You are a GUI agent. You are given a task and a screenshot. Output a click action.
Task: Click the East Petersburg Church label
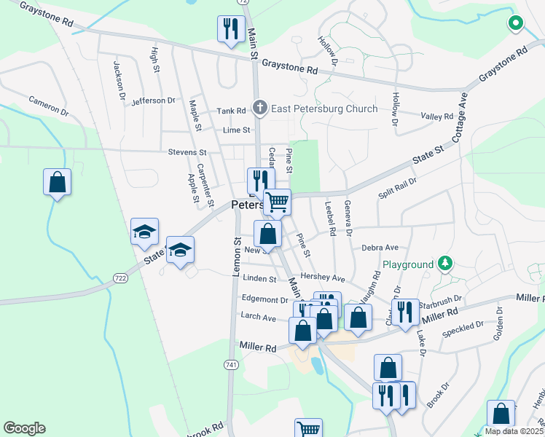324,109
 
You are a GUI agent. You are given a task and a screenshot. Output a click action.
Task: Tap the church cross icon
259,109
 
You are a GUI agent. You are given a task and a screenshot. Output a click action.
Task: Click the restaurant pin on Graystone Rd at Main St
231,30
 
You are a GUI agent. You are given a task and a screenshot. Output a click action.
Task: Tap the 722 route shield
120,277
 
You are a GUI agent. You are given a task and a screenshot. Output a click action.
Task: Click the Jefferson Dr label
154,101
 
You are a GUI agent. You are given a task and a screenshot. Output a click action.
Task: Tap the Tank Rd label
231,111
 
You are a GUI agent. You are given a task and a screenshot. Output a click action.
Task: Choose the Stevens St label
187,153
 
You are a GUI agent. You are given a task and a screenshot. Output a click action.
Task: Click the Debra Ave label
380,248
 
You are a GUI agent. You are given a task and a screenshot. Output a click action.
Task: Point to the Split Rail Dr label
397,189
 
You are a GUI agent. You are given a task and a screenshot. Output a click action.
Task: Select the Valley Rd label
437,116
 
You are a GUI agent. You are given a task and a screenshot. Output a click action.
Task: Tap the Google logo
24,428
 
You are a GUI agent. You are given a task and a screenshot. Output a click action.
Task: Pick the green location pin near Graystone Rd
516,24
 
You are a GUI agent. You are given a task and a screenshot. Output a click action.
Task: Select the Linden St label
260,279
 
